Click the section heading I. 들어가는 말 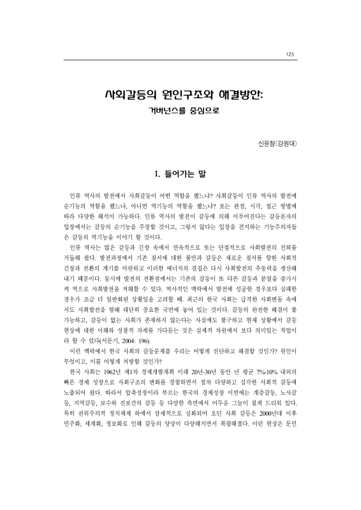pyautogui.click(x=180, y=173)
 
